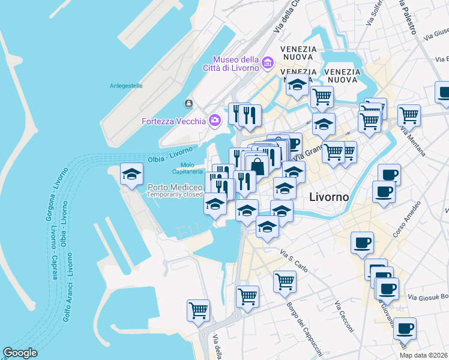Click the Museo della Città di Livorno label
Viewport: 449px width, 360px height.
pos(235,63)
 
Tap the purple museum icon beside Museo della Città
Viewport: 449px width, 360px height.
pos(268,61)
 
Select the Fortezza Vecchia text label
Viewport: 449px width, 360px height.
pos(173,121)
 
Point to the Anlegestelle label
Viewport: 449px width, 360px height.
pos(126,86)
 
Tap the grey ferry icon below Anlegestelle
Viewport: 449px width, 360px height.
pos(188,104)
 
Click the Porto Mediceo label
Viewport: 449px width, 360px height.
pos(175,187)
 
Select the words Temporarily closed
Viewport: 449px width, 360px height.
pos(175,194)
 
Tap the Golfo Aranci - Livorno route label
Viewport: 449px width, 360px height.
pos(68,288)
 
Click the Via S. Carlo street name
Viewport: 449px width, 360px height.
pos(294,262)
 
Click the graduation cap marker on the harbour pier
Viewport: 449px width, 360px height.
pos(132,175)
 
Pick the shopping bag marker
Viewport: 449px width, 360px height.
pos(257,166)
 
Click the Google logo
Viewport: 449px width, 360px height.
pos(20,353)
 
